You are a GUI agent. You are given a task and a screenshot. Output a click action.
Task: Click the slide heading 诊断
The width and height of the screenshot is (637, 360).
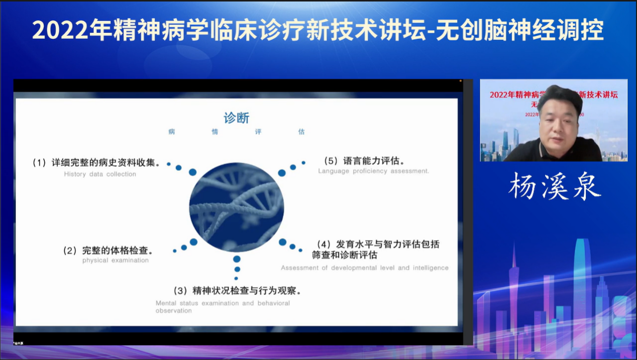tap(236, 118)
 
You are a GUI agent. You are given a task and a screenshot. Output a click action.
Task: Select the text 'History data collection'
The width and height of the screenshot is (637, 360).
tap(100, 174)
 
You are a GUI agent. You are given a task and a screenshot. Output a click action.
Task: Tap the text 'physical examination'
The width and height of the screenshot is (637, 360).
tap(115, 260)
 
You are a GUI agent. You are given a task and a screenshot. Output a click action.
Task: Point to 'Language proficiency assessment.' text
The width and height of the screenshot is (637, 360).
tap(373, 171)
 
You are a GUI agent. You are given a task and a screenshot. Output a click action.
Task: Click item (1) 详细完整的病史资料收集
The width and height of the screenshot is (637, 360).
tap(97, 162)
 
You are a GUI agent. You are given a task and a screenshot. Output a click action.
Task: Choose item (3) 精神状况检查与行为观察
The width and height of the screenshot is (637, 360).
tap(237, 290)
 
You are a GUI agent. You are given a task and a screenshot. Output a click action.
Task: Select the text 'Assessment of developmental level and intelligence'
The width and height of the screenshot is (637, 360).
tap(364, 268)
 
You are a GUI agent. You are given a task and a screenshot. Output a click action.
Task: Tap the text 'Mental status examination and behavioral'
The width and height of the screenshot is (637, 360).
tap(222, 303)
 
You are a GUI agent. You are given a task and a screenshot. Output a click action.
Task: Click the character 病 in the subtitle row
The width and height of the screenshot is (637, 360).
tap(172, 132)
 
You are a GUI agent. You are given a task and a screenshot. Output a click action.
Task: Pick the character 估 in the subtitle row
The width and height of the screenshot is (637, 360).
tap(302, 132)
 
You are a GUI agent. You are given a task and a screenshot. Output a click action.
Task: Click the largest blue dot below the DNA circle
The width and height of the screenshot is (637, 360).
tap(237, 259)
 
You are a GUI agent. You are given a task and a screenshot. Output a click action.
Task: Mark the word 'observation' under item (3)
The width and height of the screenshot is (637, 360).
tap(173, 311)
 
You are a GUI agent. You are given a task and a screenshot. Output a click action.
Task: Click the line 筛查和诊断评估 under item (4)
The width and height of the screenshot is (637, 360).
tap(344, 255)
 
